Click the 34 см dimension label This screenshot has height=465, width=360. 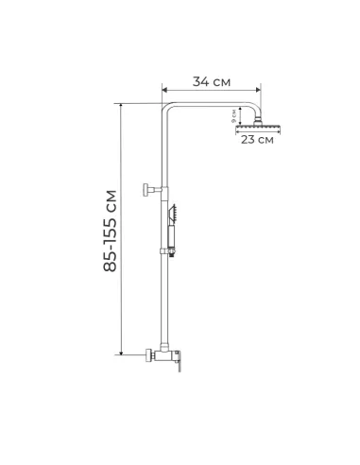(x=211, y=81)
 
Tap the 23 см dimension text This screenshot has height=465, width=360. (x=256, y=140)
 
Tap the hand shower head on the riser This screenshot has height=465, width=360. (x=173, y=210)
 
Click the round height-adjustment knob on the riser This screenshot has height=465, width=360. (x=146, y=187)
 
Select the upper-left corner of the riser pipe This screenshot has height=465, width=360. (x=165, y=106)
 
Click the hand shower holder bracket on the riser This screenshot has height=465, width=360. (x=170, y=252)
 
